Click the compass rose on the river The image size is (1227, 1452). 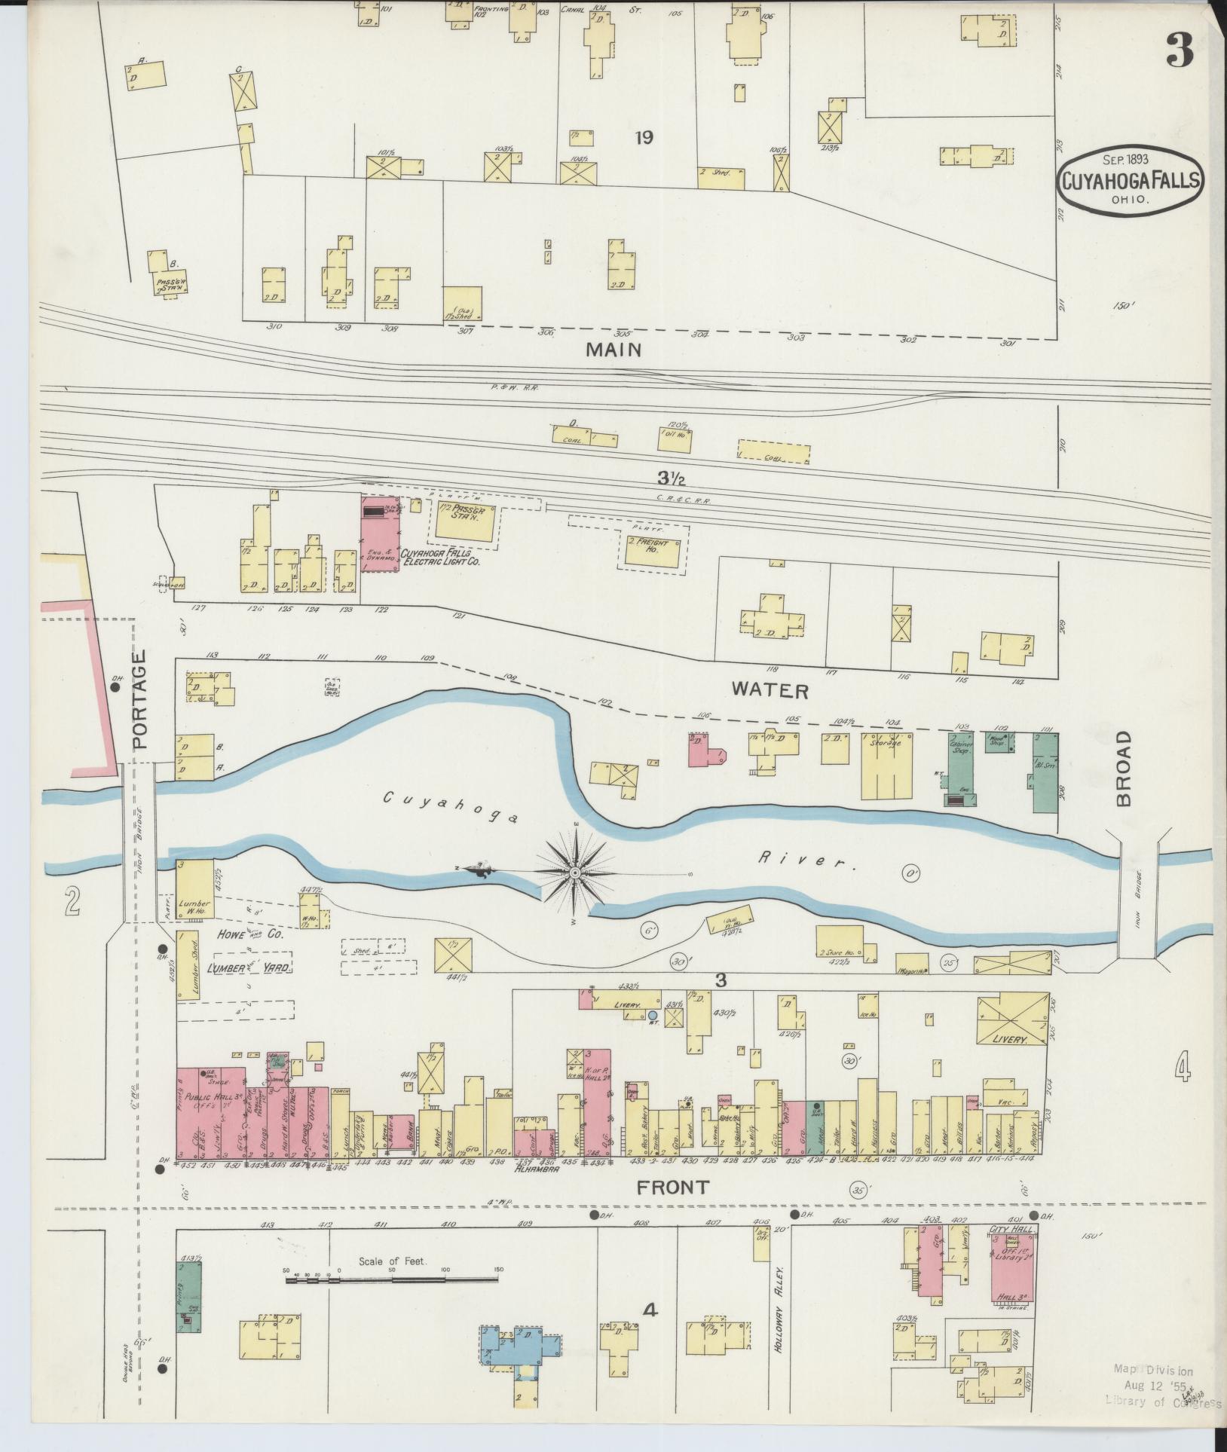576,872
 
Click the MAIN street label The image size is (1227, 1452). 614,350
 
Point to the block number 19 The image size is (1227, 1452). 643,138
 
